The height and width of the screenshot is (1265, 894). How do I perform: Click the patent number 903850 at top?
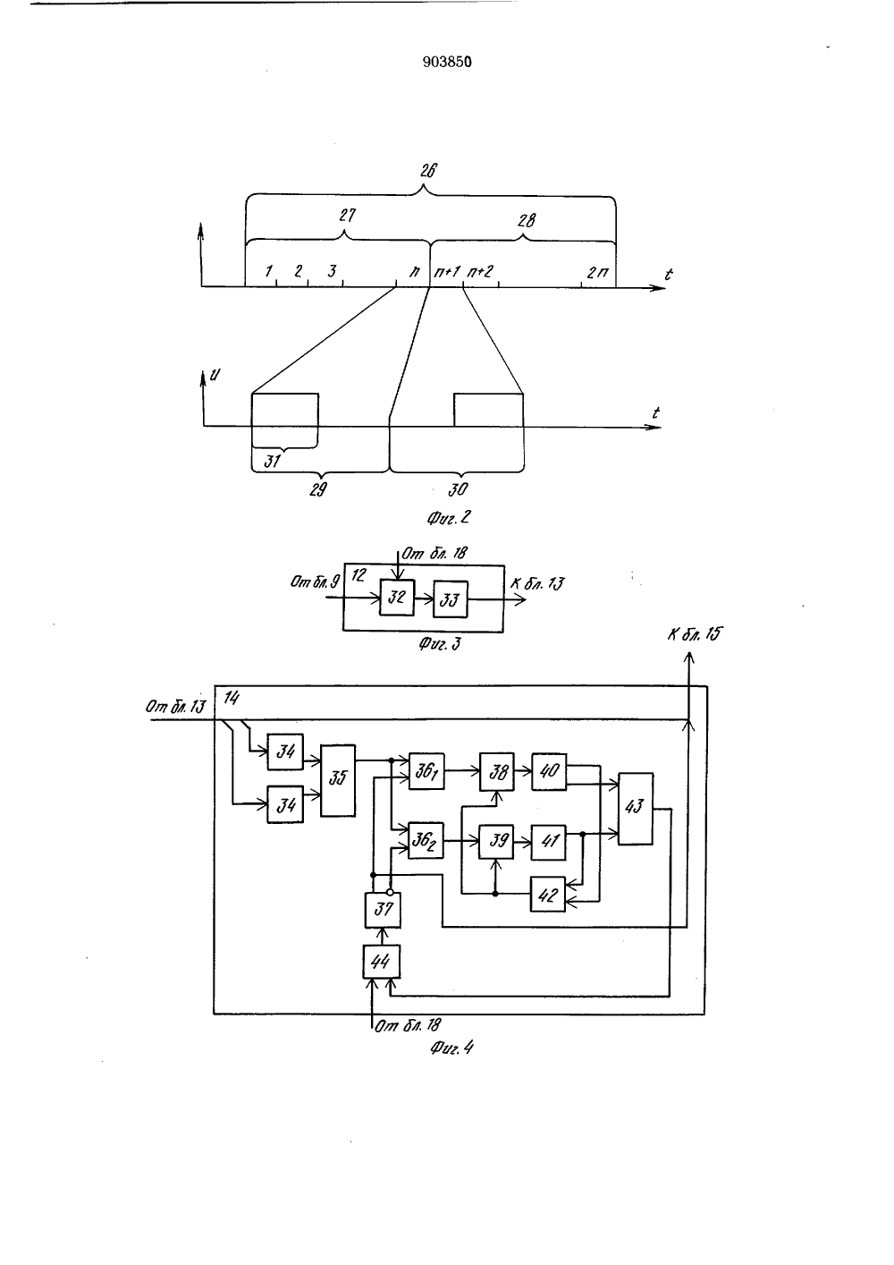click(x=447, y=62)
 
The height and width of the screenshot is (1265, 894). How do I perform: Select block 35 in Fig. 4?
click(x=338, y=780)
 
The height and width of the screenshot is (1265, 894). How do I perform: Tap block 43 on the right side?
click(x=636, y=808)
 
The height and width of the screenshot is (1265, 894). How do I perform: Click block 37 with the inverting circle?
click(x=383, y=910)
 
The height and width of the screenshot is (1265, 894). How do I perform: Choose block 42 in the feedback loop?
click(x=547, y=894)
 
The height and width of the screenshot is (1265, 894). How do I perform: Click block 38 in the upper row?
click(x=497, y=771)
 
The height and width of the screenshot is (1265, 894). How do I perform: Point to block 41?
click(x=549, y=842)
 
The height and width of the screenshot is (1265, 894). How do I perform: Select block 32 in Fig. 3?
click(x=397, y=597)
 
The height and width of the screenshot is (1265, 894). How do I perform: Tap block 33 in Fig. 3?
click(x=451, y=599)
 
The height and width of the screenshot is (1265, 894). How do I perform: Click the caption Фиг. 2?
click(x=448, y=517)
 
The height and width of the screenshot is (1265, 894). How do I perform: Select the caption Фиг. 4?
click(x=451, y=1049)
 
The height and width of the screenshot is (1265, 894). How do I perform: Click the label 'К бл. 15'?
click(x=695, y=634)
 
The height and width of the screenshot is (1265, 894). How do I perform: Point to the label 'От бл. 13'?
click(x=175, y=707)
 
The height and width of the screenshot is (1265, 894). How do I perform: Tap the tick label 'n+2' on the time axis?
click(x=480, y=272)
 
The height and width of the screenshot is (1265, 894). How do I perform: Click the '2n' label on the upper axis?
click(x=597, y=274)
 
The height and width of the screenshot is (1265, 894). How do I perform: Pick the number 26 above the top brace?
click(x=428, y=170)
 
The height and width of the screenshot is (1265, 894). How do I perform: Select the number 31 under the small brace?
click(x=272, y=461)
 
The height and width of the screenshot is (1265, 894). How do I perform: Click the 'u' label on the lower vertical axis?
click(x=215, y=374)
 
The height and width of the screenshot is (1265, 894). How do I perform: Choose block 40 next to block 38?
click(x=549, y=771)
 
